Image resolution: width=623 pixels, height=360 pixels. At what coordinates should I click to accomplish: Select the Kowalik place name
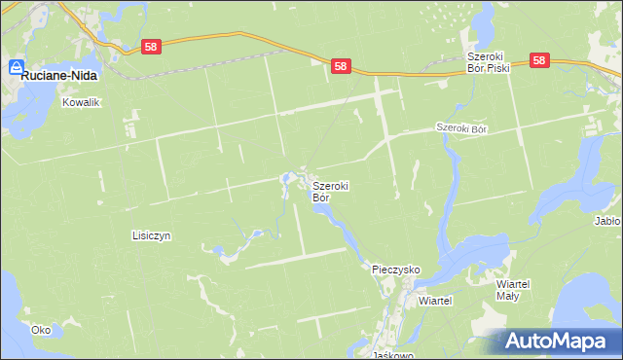point(82,102)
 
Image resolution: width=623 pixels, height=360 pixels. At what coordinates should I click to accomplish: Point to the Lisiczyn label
point(151,235)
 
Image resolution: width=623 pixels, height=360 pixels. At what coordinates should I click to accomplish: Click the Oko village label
point(40,330)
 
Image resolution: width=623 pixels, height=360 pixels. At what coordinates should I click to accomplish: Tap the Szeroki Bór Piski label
point(487,63)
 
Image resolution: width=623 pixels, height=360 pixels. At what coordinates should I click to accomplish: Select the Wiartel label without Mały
point(435,302)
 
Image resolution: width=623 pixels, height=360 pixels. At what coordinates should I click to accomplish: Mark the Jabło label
point(607,221)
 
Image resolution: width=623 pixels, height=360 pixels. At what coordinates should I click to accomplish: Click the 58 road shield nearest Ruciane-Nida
point(150,46)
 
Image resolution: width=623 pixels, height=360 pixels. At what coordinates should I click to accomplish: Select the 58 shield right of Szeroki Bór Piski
point(541,60)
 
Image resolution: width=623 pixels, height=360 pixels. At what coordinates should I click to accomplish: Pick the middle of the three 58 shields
point(340,66)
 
